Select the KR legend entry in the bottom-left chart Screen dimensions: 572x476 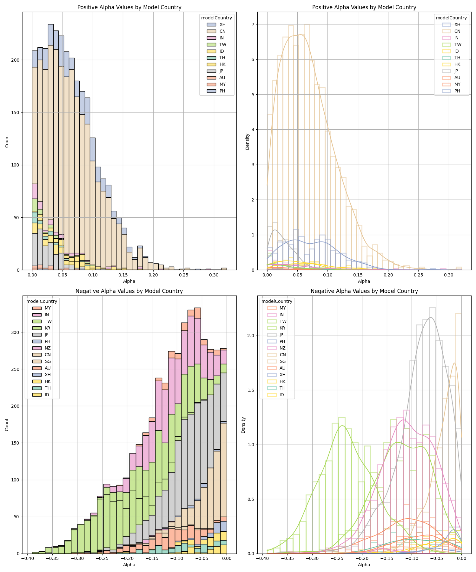pos(48,328)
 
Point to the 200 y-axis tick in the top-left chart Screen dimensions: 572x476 pos(16,60)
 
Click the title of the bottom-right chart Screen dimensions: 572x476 pos(364,291)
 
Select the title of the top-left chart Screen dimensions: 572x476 pos(129,7)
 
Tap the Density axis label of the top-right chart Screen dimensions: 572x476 pos(248,141)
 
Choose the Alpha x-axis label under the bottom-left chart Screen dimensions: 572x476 pos(129,565)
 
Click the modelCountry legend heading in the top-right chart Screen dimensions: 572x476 pos(451,18)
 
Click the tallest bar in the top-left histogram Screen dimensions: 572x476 pos(50,127)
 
